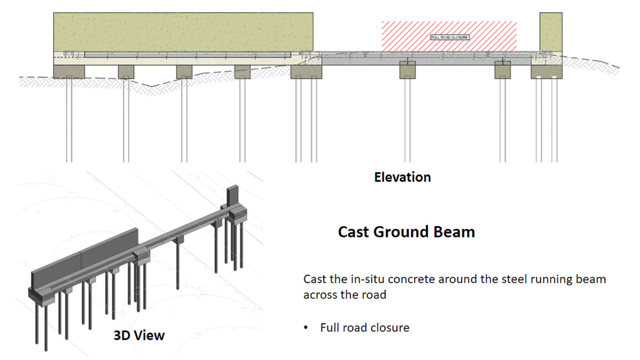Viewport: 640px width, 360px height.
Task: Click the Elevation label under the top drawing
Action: (x=402, y=177)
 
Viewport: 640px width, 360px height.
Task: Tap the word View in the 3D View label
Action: (x=150, y=335)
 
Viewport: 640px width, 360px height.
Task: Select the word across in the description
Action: (x=320, y=295)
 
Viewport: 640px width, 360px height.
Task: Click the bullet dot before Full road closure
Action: (x=306, y=327)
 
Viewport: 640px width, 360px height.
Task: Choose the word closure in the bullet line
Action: (x=391, y=327)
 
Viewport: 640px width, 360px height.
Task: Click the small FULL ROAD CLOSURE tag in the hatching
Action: (x=449, y=37)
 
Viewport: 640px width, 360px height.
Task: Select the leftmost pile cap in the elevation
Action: (x=69, y=71)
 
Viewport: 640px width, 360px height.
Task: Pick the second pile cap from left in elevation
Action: (x=126, y=71)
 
